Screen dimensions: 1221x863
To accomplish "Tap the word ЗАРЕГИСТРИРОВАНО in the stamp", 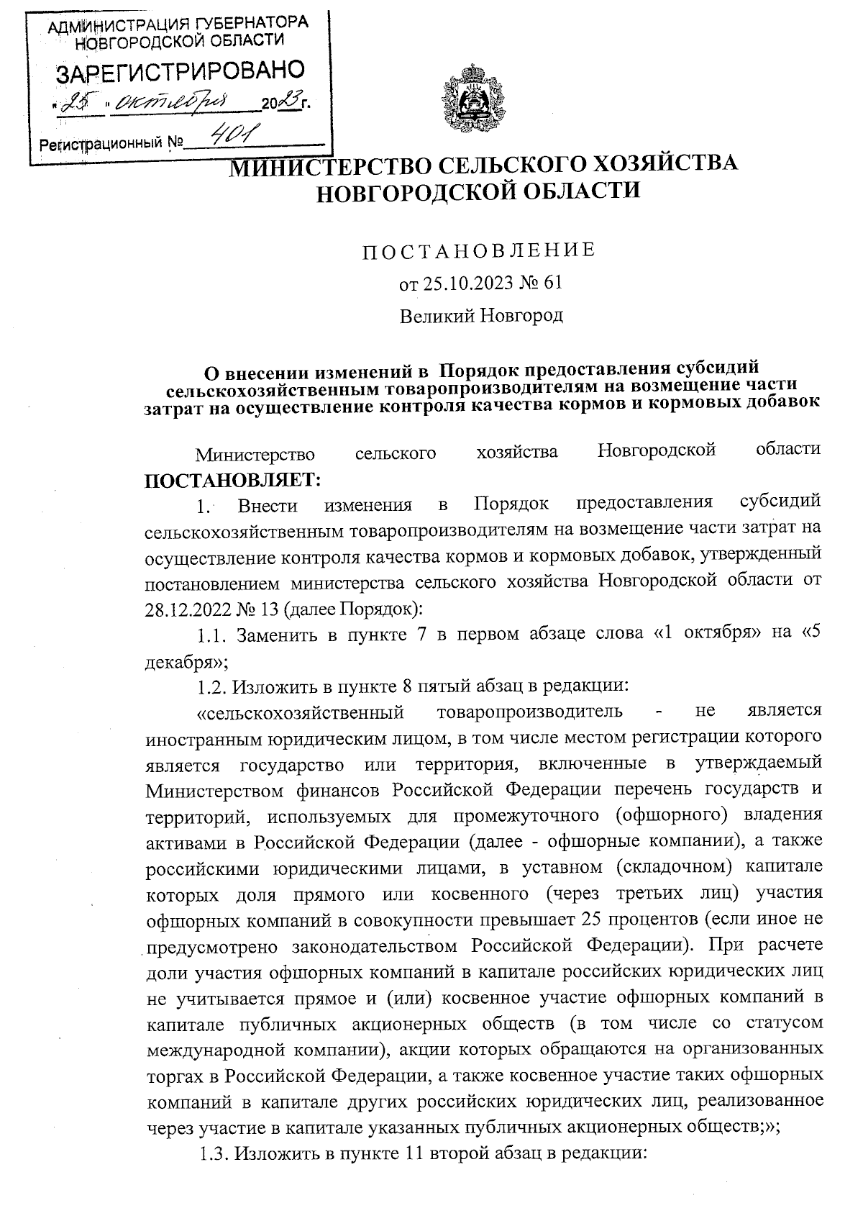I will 181,71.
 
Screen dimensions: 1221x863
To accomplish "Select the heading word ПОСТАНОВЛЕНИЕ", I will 478,250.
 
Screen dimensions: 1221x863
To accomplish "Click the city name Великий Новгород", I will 481,315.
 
